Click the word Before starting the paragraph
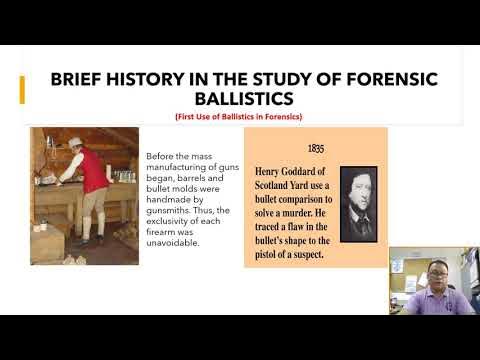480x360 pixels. (x=161, y=155)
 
